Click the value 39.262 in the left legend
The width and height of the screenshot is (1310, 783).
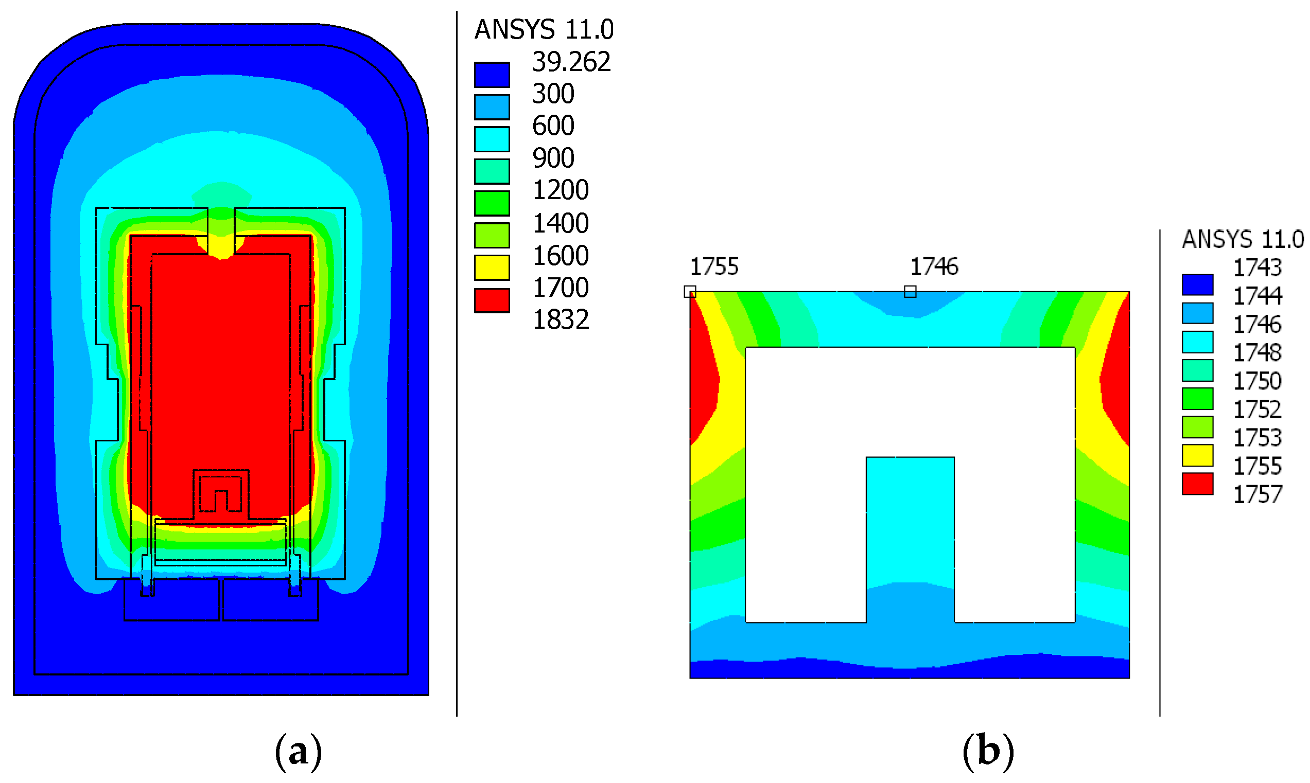(x=571, y=62)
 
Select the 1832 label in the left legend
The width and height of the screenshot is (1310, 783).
(x=561, y=320)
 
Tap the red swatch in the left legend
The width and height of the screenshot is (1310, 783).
(x=492, y=301)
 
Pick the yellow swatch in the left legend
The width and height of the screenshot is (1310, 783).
(x=492, y=268)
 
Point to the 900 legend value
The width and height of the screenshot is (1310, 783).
(x=553, y=158)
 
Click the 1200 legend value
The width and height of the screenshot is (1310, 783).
(x=560, y=190)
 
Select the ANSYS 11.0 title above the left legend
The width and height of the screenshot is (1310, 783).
(x=544, y=29)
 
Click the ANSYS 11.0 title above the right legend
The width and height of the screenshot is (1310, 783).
(x=1243, y=240)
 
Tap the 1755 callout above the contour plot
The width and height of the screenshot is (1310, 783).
(x=714, y=267)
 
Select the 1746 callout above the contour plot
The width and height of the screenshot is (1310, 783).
(x=934, y=267)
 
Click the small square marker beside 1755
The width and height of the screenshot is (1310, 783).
(x=690, y=292)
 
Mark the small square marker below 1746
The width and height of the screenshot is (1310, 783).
(x=910, y=292)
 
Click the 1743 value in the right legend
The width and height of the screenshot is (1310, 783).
(x=1256, y=268)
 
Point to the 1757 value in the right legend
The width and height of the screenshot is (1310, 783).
(x=1257, y=495)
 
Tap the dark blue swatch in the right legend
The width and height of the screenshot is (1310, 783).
(x=1197, y=285)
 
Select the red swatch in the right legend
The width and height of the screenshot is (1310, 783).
(x=1197, y=484)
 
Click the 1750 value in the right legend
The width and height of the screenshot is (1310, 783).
(x=1256, y=381)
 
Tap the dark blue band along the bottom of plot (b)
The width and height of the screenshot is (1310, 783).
(x=910, y=673)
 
